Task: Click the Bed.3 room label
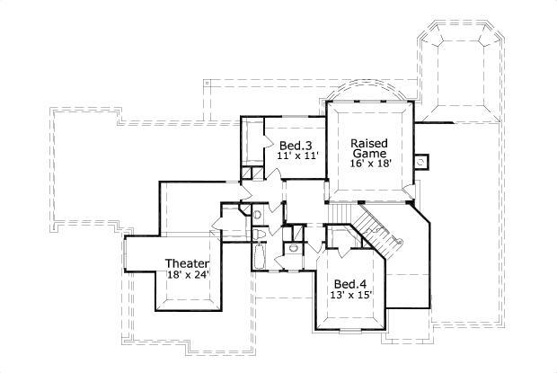295,146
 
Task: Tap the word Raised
368,143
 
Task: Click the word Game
368,154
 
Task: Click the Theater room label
187,263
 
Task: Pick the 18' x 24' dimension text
187,275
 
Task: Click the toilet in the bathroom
261,235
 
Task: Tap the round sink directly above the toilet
257,214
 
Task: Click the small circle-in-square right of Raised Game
420,162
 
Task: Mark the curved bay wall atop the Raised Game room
368,93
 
